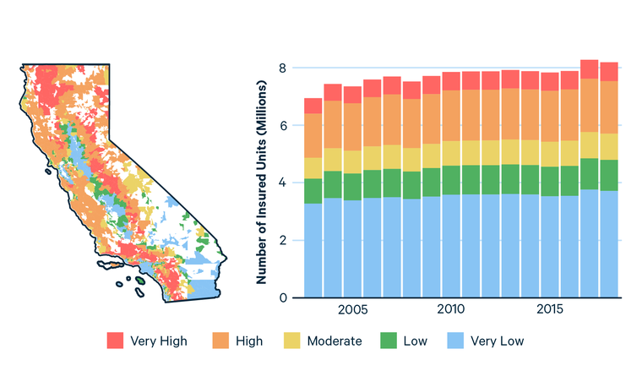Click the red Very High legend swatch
point(116,341)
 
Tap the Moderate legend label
point(334,341)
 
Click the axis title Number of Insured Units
point(263,182)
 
